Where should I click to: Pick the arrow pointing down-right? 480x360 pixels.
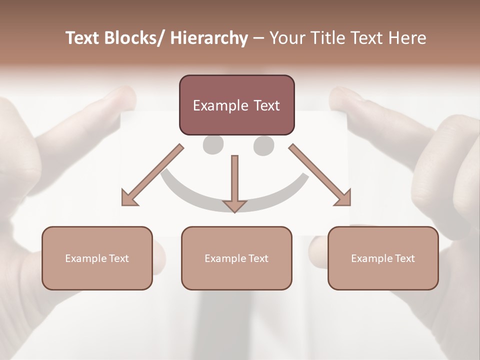tap(320, 175)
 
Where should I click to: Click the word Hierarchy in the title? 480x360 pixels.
tap(209, 38)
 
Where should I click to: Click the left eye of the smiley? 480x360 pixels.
tap(213, 145)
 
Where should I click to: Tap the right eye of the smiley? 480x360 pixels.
tap(263, 145)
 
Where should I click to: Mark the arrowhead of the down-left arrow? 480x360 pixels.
tap(128, 198)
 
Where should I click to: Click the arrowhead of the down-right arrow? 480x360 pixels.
tap(344, 198)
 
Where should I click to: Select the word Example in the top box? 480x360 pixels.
tap(220, 106)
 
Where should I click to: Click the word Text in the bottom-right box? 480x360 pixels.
tap(405, 258)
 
